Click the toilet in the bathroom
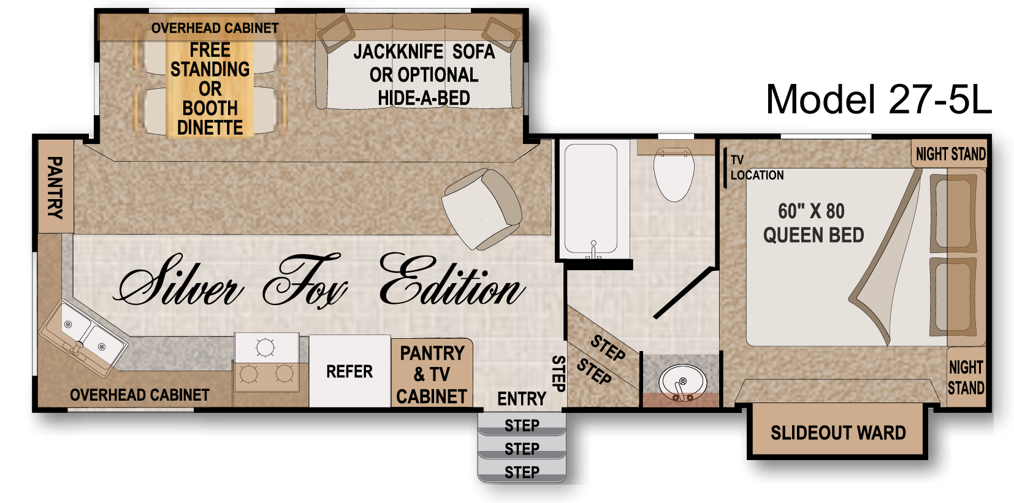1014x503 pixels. coord(674,174)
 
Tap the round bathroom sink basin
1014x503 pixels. coord(682,382)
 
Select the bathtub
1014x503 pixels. coord(591,199)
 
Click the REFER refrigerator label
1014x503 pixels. coord(349,371)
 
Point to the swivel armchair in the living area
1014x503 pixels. coord(482,209)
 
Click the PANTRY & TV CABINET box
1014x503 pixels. coord(432,373)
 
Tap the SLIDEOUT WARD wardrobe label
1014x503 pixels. coord(839,433)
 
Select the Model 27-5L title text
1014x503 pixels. coord(879,99)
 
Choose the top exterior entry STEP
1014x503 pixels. coord(522,425)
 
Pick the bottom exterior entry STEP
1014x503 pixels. coord(522,472)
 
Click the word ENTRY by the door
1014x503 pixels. coord(522,399)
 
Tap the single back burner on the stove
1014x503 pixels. coord(265,347)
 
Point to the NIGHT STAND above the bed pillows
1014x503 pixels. coord(950,154)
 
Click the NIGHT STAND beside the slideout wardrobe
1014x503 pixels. coord(966,377)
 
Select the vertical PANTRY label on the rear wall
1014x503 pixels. coord(55,187)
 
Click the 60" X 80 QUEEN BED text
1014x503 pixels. coord(814,223)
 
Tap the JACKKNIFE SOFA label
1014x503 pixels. coord(424,51)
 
